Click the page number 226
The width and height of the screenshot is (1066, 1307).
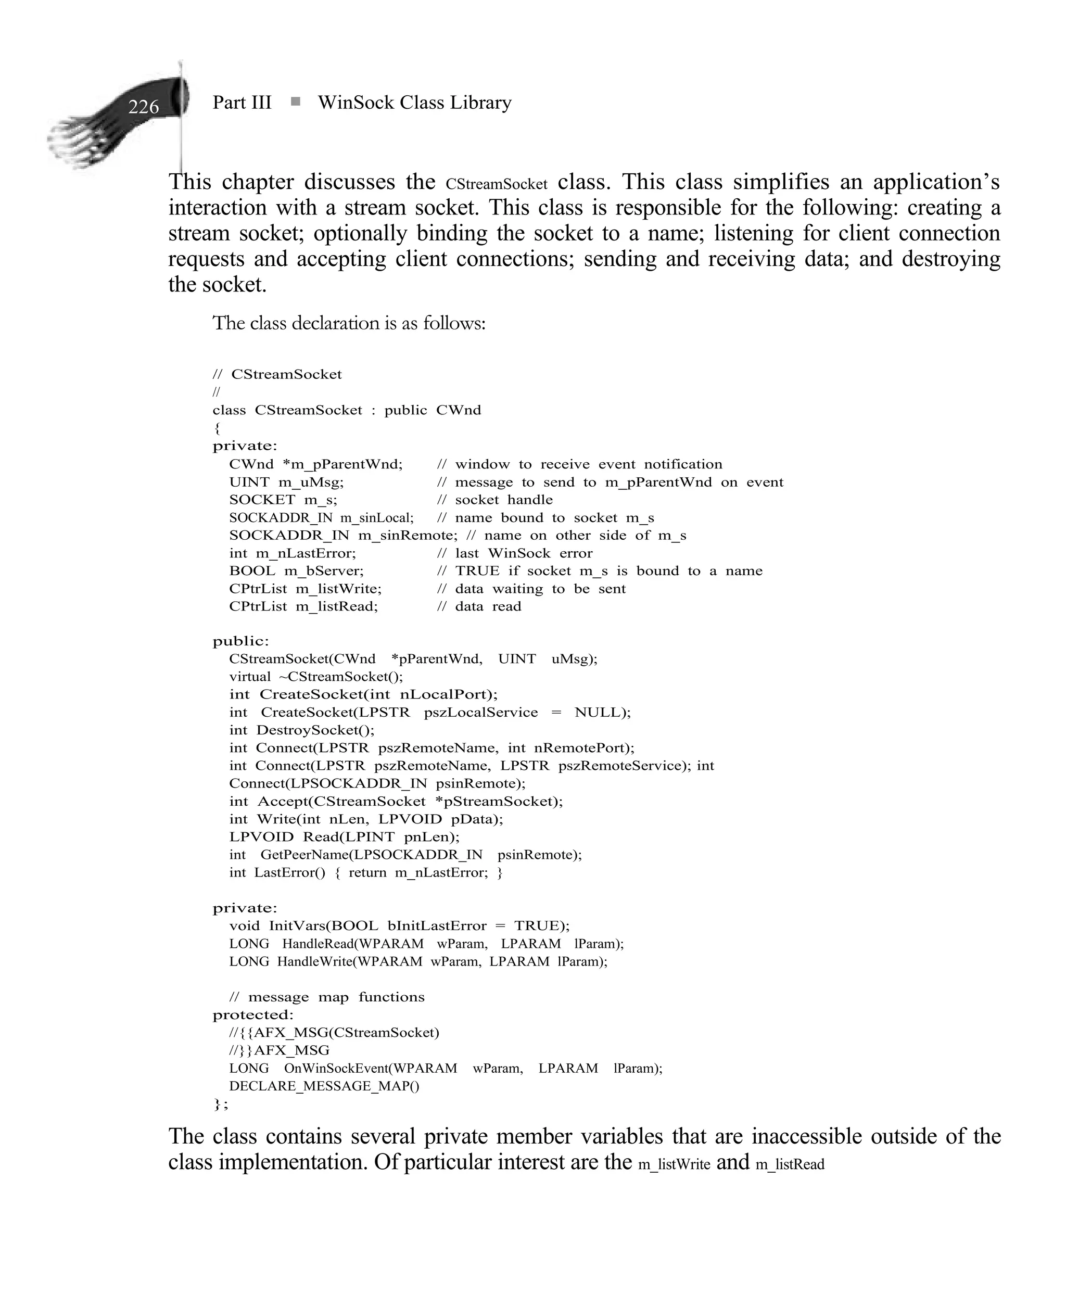143,107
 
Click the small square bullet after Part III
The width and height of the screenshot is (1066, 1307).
295,102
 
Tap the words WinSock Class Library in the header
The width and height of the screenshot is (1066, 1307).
414,103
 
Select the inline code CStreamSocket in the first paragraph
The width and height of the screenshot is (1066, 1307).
496,184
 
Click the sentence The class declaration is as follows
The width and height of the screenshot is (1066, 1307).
349,323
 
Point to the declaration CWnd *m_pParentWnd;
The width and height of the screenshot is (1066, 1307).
315,464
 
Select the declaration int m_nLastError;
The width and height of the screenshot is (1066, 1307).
293,553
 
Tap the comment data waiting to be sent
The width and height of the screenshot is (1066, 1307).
540,589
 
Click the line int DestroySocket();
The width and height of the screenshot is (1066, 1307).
301,730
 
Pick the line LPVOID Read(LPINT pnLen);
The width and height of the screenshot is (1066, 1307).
344,837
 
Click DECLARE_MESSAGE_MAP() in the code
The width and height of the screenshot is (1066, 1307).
324,1086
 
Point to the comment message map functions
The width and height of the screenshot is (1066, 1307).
335,997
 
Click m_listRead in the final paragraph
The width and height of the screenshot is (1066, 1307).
790,1164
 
